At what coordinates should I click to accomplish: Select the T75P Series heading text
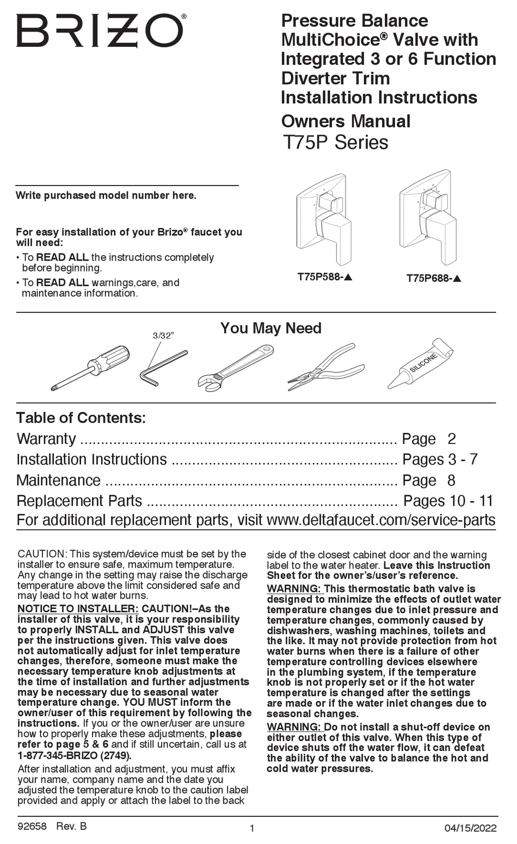point(335,143)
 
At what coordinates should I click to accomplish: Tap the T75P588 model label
point(325,276)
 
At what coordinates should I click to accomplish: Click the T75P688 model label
point(434,278)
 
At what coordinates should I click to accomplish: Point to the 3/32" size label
point(163,336)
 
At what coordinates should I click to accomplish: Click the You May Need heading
point(270,328)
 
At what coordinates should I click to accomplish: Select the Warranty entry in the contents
point(46,439)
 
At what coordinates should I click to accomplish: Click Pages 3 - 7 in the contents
point(440,459)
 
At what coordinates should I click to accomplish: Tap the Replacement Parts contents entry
point(79,501)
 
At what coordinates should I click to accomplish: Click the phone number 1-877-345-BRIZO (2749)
point(74,755)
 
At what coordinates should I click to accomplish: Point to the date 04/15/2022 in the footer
point(470,828)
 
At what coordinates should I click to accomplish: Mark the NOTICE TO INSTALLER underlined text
point(78,608)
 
